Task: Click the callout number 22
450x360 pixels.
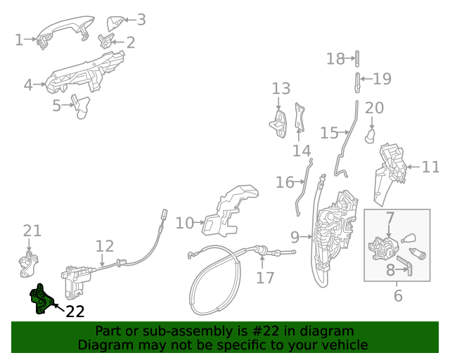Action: point(75,311)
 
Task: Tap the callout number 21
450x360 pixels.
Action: point(32,231)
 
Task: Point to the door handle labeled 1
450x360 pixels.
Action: point(63,31)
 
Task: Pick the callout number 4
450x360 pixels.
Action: point(28,85)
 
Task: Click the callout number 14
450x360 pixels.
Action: point(302,151)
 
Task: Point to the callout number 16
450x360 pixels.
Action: point(285,183)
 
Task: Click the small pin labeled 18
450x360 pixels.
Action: point(357,58)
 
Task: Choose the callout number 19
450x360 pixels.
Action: point(382,78)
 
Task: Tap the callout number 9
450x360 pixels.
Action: point(295,237)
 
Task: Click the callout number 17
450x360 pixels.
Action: point(265,278)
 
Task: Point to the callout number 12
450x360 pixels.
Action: point(104,246)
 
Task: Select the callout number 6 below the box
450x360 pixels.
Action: point(398,296)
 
